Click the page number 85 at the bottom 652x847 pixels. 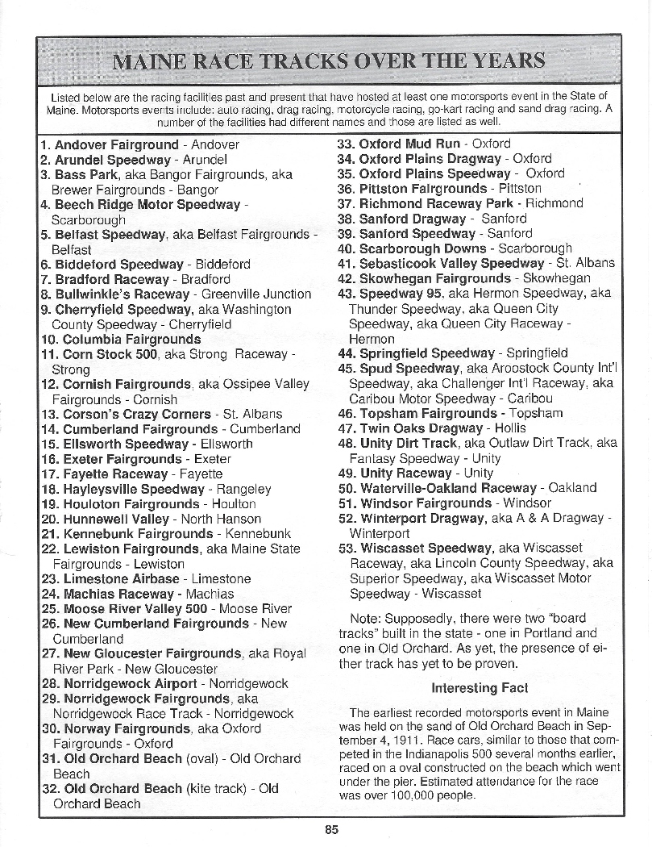click(332, 828)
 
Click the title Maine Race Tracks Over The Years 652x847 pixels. click(329, 61)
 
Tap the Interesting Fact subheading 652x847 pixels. click(480, 688)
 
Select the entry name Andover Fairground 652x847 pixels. click(116, 145)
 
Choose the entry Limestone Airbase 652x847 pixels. click(121, 579)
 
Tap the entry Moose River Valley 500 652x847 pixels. click(135, 609)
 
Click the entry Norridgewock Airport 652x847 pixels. click(130, 683)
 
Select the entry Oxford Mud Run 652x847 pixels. click(409, 144)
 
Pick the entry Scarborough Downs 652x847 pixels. click(422, 249)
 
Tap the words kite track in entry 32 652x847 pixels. click(215, 789)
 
